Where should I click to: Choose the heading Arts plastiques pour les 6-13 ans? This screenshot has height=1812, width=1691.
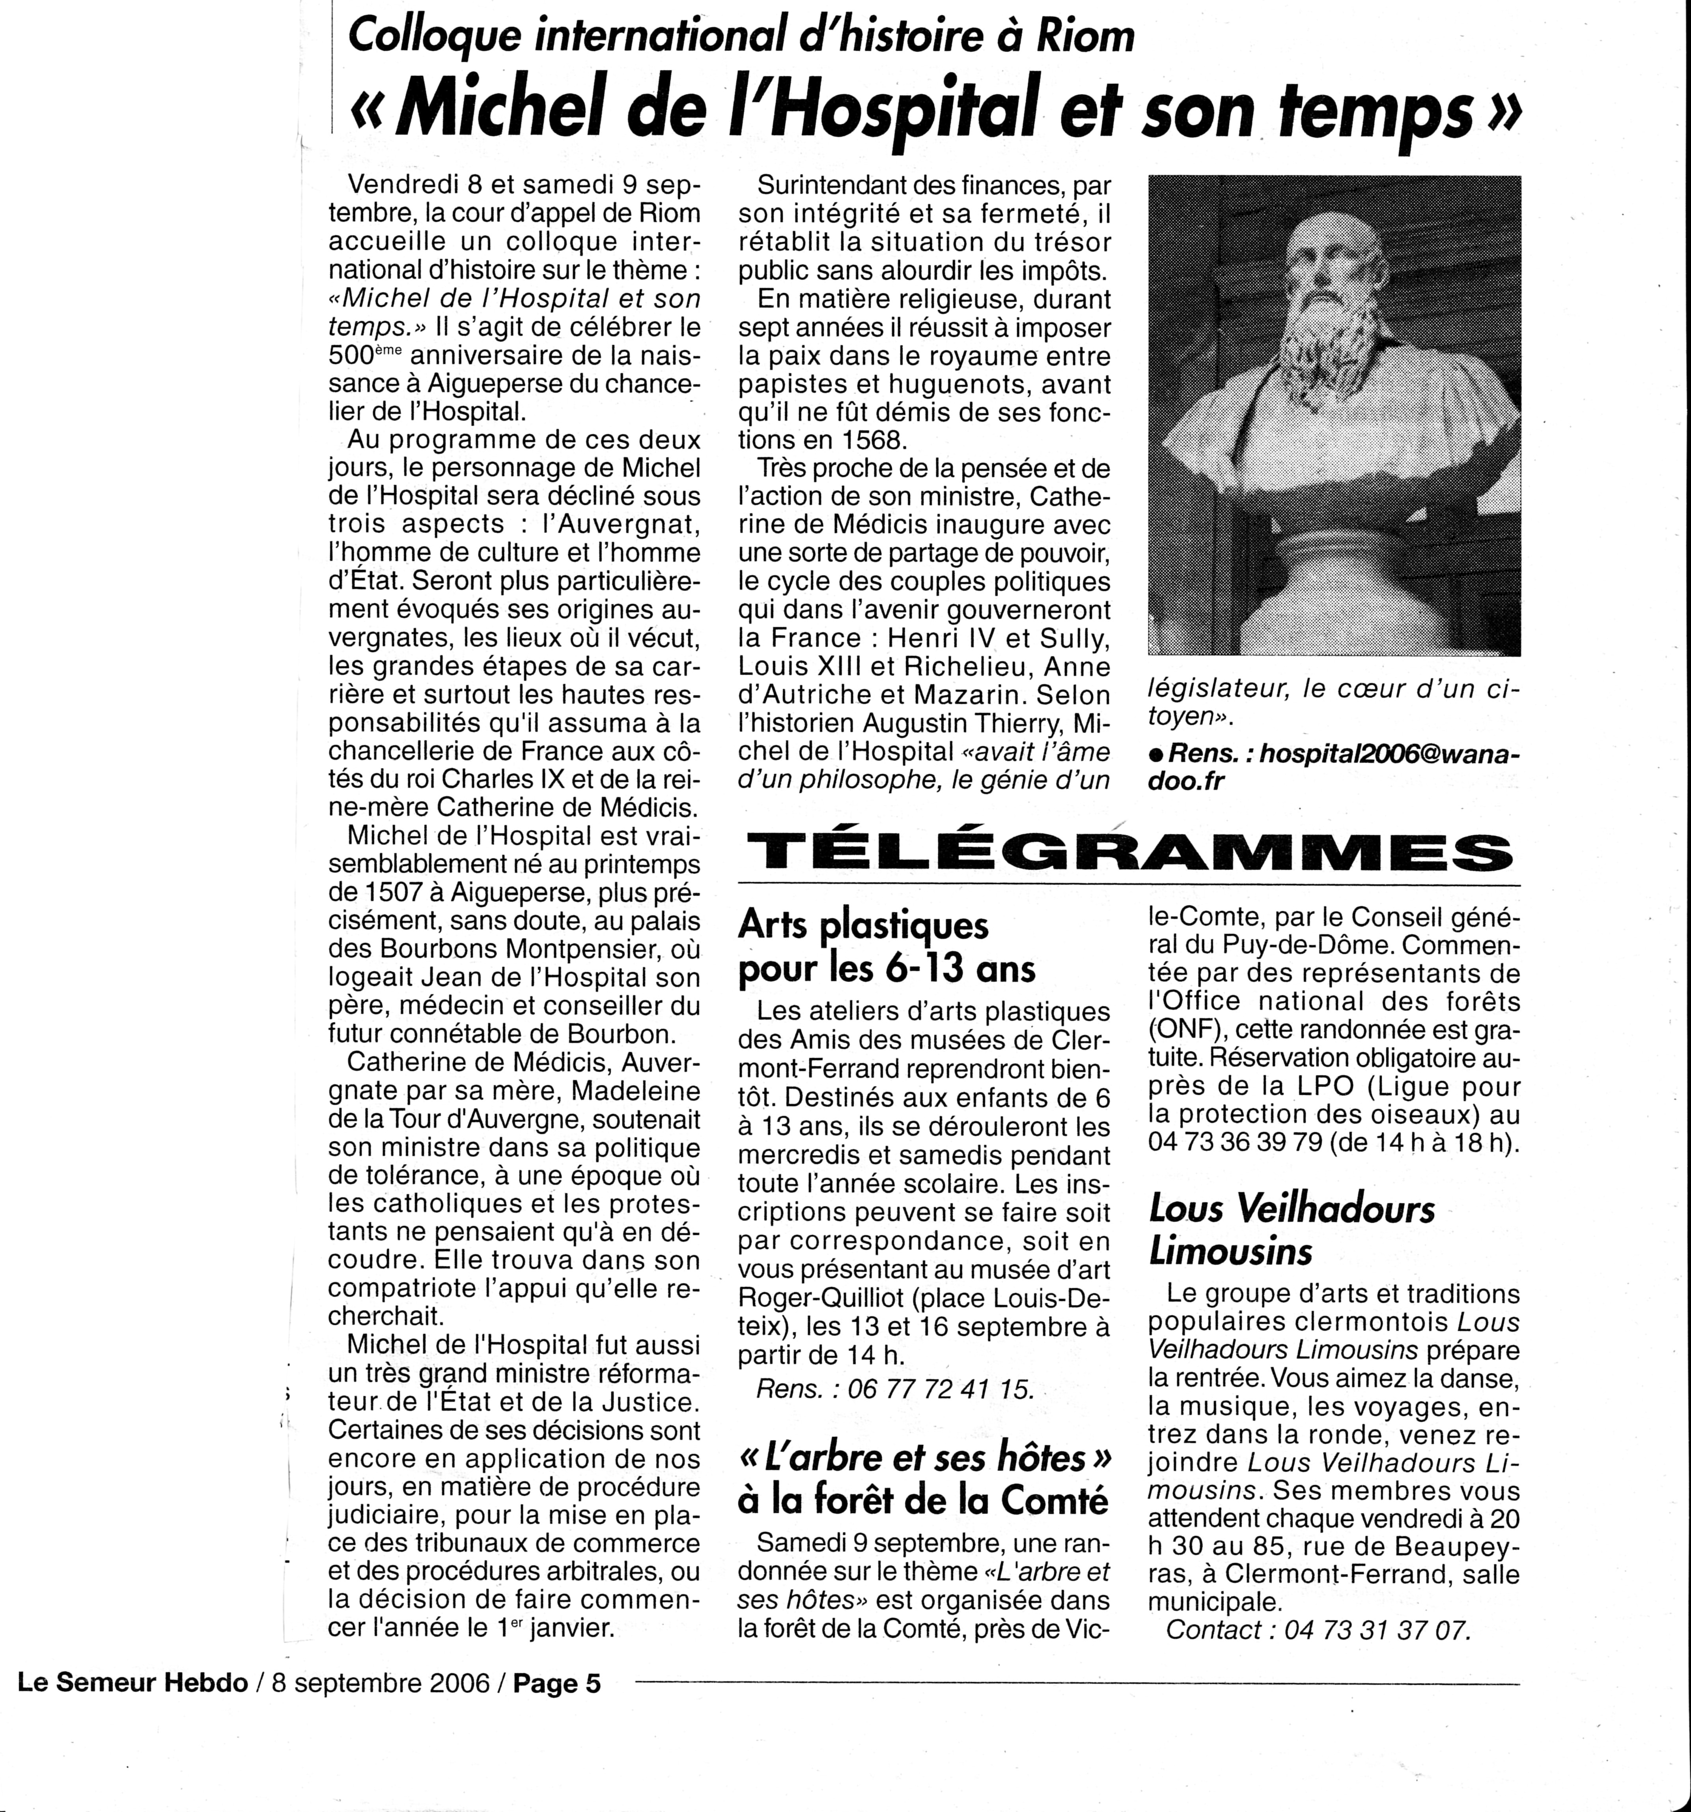(x=887, y=946)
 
